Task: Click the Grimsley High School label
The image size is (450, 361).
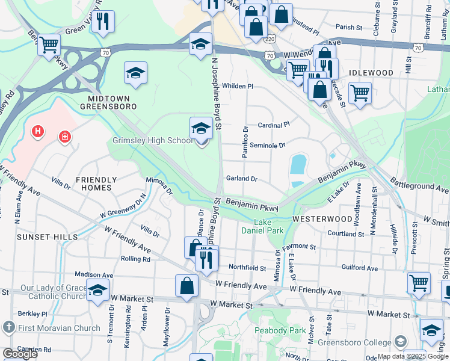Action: point(153,141)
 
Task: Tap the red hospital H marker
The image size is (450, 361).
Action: point(38,131)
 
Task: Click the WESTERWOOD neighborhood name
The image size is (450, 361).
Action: point(322,220)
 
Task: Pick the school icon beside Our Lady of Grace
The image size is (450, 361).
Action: point(97,289)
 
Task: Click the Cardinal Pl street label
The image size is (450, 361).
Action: point(274,125)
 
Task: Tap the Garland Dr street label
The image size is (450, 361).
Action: point(242,179)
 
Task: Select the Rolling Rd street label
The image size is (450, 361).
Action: point(135,259)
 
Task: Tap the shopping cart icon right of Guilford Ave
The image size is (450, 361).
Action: point(419,282)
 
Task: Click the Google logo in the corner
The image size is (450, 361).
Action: point(20,354)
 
